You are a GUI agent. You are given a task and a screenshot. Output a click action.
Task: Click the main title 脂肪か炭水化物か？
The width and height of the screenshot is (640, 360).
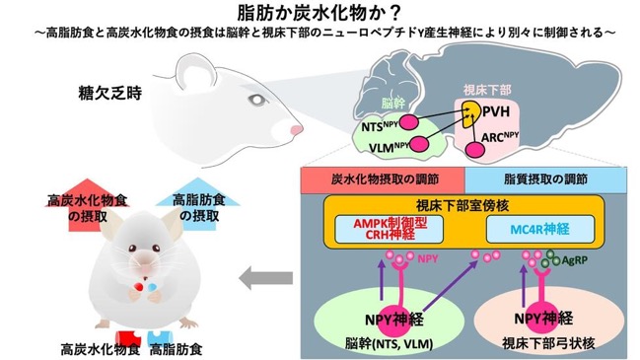coord(320,13)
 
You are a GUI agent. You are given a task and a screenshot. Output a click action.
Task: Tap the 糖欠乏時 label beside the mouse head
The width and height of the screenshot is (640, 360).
coord(110,94)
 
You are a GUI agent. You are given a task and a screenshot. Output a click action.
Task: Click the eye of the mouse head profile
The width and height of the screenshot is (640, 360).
coord(257,100)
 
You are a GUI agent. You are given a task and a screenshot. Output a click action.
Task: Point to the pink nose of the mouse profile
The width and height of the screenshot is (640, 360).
coord(296,130)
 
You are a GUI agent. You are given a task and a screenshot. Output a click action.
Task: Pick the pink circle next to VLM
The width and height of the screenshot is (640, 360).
coord(419,144)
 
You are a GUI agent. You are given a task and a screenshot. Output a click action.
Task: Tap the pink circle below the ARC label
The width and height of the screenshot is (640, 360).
coord(475,150)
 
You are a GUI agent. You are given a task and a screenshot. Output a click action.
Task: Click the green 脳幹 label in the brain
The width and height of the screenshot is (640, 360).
coord(392,104)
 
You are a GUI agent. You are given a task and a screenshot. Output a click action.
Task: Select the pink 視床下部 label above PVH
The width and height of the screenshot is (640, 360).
coord(487,90)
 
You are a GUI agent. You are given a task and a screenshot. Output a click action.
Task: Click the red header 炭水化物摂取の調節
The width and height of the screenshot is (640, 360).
coord(383,180)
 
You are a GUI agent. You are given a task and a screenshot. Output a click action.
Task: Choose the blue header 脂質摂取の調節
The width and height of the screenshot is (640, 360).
coord(545,180)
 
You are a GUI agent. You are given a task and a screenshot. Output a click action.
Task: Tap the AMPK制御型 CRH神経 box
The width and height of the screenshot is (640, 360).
coord(389,229)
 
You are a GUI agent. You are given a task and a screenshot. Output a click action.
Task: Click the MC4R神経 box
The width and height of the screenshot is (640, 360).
coord(540,229)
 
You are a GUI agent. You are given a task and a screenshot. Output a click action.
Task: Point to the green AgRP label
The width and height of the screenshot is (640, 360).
coord(574,260)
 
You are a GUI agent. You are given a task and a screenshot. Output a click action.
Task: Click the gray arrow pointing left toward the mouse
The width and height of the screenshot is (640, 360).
coord(265,279)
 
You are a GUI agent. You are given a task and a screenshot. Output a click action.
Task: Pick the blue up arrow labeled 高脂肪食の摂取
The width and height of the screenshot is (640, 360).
coord(198,204)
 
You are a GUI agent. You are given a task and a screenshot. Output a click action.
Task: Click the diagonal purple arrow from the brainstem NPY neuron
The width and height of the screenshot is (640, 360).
coord(451,288)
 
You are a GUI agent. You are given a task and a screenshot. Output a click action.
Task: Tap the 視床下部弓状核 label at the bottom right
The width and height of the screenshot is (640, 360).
coord(548,343)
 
